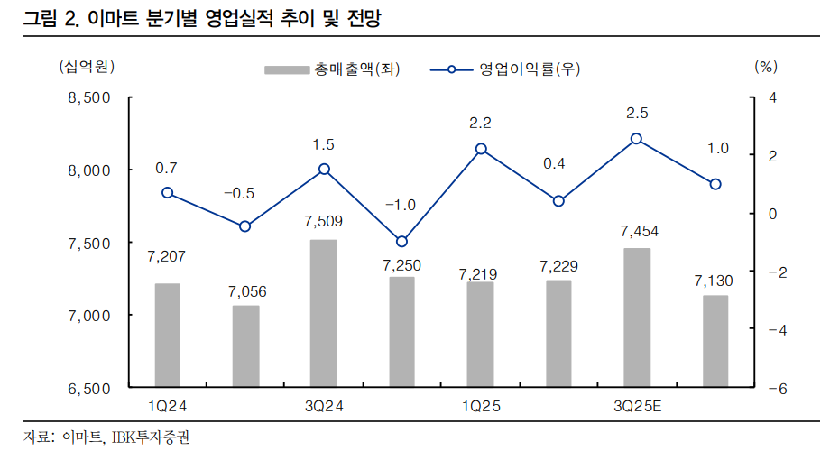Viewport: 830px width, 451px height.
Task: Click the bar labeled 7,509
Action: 324,314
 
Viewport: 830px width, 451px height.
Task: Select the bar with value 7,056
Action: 245,346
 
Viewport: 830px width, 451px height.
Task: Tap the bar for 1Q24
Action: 167,336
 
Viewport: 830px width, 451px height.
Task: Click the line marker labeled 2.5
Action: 637,139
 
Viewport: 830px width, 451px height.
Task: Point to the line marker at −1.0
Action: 402,241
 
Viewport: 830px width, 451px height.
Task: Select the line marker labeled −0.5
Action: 244,226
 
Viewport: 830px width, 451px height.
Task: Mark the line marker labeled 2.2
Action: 481,149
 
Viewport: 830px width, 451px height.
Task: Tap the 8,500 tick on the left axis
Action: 88,97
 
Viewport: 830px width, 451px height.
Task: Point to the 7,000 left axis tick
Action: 88,316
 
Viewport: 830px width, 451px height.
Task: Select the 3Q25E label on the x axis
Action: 637,407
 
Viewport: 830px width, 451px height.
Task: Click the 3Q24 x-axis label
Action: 324,407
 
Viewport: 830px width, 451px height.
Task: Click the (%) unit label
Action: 764,66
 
